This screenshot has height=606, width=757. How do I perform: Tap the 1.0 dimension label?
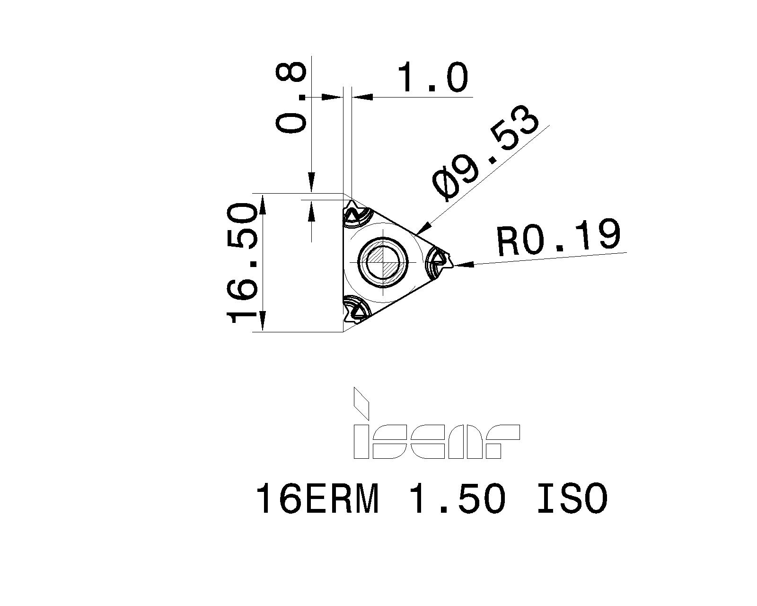point(432,78)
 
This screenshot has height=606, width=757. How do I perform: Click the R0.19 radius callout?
point(558,237)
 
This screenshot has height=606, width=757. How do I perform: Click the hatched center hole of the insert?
point(383,262)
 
